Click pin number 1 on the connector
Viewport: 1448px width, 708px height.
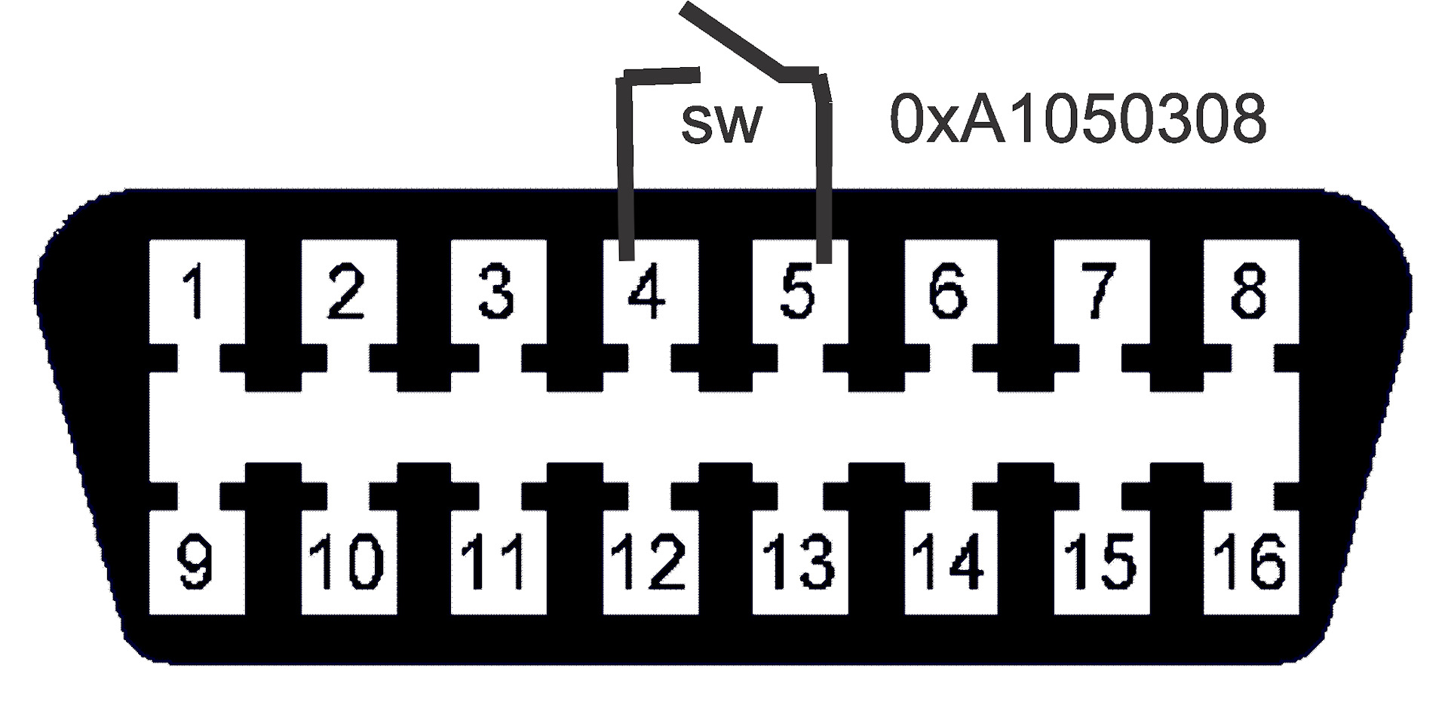(196, 291)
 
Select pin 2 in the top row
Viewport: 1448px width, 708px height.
(347, 291)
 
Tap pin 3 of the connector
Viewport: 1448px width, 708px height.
(497, 291)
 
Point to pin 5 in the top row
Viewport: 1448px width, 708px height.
(798, 291)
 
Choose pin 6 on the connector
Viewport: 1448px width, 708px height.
(948, 291)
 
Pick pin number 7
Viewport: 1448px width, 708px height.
(1099, 291)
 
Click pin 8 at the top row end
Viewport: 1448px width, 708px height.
(1249, 291)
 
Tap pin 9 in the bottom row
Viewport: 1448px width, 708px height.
(196, 562)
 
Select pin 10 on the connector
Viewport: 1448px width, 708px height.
(347, 562)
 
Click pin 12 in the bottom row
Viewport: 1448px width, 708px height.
(649, 562)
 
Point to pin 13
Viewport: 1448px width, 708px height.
(798, 562)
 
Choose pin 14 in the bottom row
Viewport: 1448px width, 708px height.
(948, 562)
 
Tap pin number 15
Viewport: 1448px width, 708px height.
(1099, 562)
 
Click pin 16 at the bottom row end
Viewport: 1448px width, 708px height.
(1249, 562)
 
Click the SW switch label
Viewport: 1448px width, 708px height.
(721, 123)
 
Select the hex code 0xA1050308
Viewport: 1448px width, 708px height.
(1078, 120)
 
